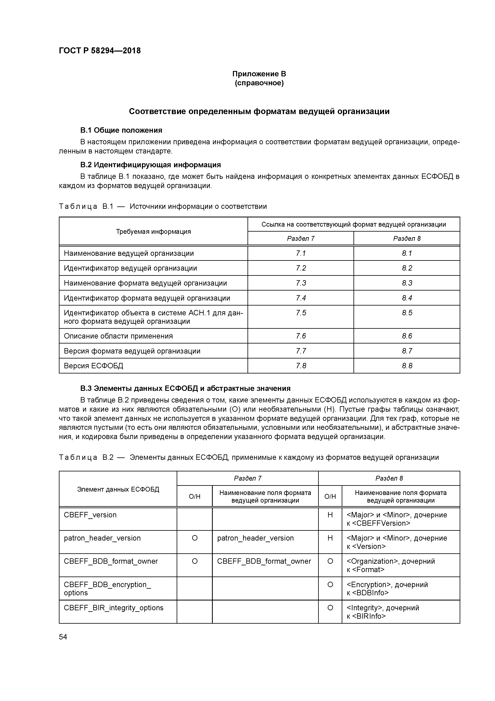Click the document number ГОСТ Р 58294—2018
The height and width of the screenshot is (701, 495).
point(100,51)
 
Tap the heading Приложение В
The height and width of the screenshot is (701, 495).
point(259,74)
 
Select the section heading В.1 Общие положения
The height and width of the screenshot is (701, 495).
point(121,130)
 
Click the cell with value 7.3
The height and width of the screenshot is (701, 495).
point(301,283)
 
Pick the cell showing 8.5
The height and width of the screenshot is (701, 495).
point(407,313)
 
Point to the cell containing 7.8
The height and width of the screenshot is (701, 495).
point(301,366)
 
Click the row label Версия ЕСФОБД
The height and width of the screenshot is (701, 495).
point(93,366)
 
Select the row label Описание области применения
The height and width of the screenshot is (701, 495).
point(118,336)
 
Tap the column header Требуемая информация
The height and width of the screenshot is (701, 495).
point(153,231)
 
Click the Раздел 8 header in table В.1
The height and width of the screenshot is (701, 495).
point(407,238)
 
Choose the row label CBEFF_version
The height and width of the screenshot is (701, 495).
point(90,515)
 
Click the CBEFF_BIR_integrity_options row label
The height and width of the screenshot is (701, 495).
point(113,608)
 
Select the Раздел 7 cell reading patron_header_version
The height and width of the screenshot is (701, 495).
point(255,538)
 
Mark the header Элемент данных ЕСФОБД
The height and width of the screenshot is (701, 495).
point(118,489)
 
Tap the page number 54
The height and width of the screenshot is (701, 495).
point(63,637)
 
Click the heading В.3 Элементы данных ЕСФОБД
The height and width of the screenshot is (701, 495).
point(185,388)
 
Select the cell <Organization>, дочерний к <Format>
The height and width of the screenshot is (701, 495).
point(391,566)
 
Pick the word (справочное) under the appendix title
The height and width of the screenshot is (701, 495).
point(259,83)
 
